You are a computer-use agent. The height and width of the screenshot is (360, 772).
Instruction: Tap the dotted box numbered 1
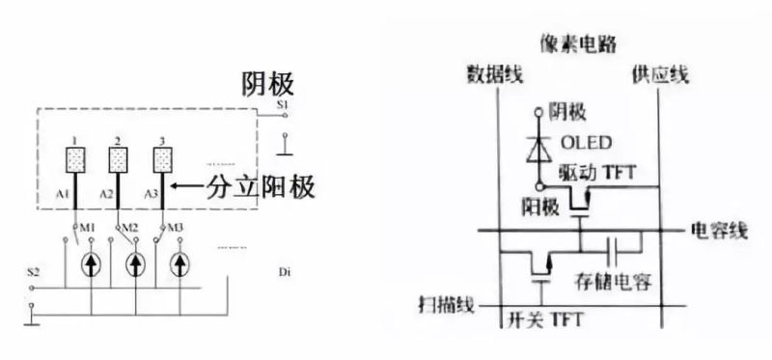[x=74, y=159]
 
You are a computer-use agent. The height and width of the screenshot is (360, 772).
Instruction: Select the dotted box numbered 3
[x=163, y=159]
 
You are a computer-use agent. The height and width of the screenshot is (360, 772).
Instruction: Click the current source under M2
[x=136, y=263]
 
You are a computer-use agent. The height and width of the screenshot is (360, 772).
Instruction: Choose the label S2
[x=34, y=274]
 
